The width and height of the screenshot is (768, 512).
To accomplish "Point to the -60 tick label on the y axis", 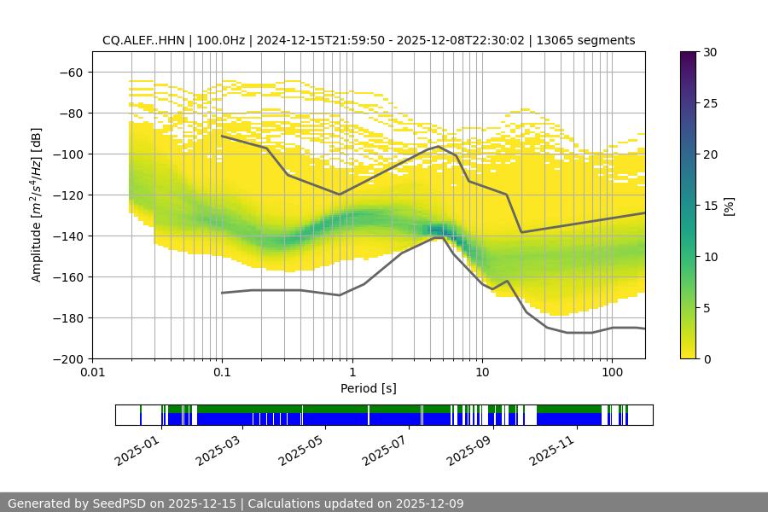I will click(71, 73).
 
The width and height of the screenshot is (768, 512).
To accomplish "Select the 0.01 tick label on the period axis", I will click(92, 373).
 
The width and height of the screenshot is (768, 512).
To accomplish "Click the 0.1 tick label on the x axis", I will click(222, 373).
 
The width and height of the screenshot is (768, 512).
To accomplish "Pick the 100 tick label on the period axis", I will click(611, 373).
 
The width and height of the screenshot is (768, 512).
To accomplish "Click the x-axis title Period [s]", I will click(369, 388).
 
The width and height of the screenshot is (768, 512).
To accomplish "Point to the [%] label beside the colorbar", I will click(729, 206).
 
